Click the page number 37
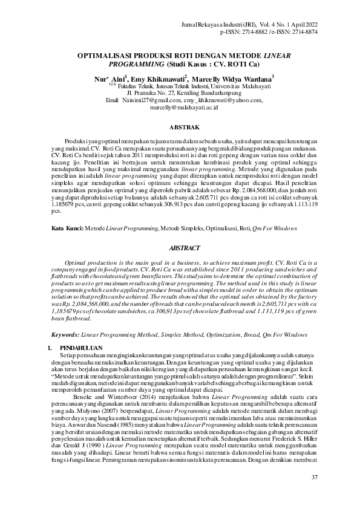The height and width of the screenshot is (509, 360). pos(314,478)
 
